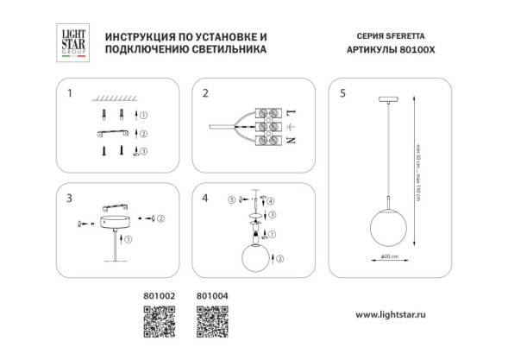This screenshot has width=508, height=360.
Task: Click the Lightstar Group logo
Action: [x=72, y=42]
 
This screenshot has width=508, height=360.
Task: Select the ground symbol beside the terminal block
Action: [x=291, y=128]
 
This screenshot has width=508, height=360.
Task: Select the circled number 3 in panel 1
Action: [x=144, y=150]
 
